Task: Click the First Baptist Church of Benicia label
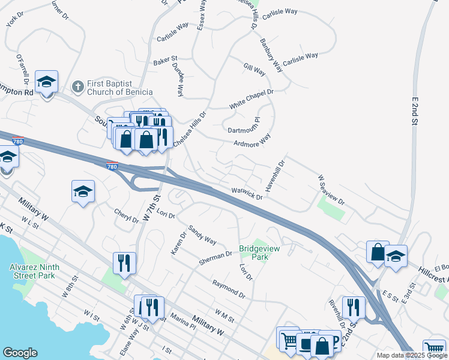(x=118, y=88)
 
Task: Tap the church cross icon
(x=77, y=88)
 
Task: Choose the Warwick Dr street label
(x=247, y=194)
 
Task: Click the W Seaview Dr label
(x=331, y=190)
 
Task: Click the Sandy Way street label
(x=202, y=235)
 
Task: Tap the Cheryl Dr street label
(x=127, y=215)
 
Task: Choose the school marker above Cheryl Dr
(x=83, y=192)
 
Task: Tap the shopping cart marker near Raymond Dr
(x=288, y=340)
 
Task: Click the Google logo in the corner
(x=20, y=353)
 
